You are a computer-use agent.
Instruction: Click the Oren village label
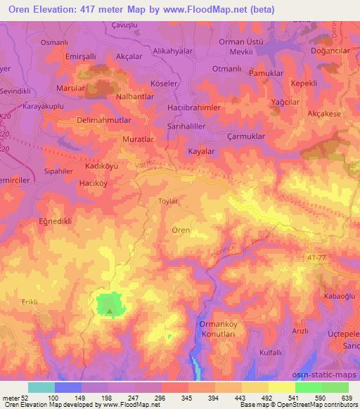[181, 230]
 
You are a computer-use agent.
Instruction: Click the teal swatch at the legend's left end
[41, 387]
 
